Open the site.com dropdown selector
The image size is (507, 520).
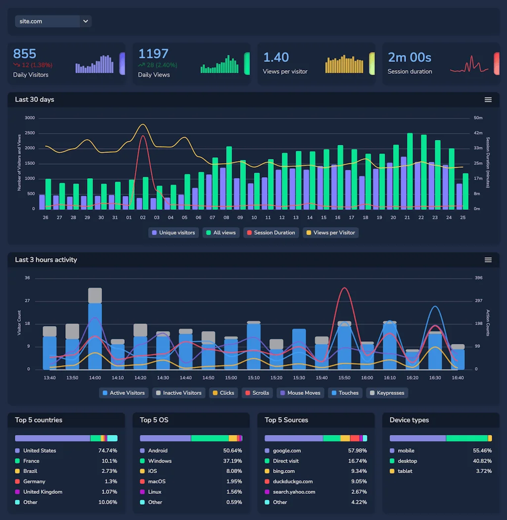click(53, 21)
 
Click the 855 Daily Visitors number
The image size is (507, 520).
click(25, 54)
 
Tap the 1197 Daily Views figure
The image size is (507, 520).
click(153, 54)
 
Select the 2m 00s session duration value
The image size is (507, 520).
click(409, 57)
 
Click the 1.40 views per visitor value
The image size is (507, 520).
click(276, 57)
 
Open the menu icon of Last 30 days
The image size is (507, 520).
click(488, 99)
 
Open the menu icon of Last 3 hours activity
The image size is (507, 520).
click(488, 260)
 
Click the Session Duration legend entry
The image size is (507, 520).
click(271, 233)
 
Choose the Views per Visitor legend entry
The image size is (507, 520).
click(330, 233)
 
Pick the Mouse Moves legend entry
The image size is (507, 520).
click(300, 393)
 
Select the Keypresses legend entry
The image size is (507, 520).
click(387, 393)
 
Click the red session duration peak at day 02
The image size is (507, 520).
click(143, 136)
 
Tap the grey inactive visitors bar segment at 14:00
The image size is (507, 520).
click(95, 295)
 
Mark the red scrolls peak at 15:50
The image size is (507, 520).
click(344, 288)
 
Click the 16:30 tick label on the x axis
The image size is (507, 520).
click(435, 378)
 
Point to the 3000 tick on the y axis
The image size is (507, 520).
click(30, 118)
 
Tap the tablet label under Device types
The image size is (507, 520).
click(406, 471)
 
